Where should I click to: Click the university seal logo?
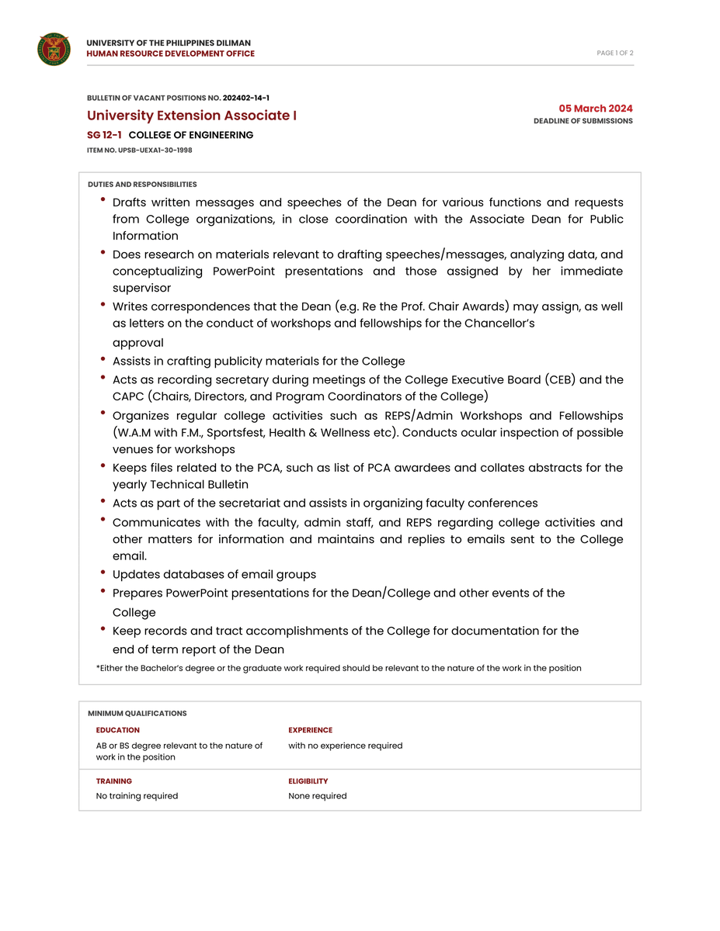coord(54,49)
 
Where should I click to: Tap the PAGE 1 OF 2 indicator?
coord(615,54)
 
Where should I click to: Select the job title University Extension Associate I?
coord(192,116)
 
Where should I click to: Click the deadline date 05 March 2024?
coord(596,109)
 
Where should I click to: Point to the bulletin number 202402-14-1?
coord(246,98)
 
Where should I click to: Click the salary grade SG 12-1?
coord(104,135)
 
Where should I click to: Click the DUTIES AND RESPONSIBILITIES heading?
coord(142,185)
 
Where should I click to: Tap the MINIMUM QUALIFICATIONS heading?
coord(137,713)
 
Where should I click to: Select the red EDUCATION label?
coord(118,730)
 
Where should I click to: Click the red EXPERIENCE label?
coord(310,730)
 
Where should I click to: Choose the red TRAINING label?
coord(114,781)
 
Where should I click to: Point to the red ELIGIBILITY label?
coord(308,781)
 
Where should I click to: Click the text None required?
coord(318,796)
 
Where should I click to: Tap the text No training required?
coord(137,796)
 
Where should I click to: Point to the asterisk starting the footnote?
coord(98,667)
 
